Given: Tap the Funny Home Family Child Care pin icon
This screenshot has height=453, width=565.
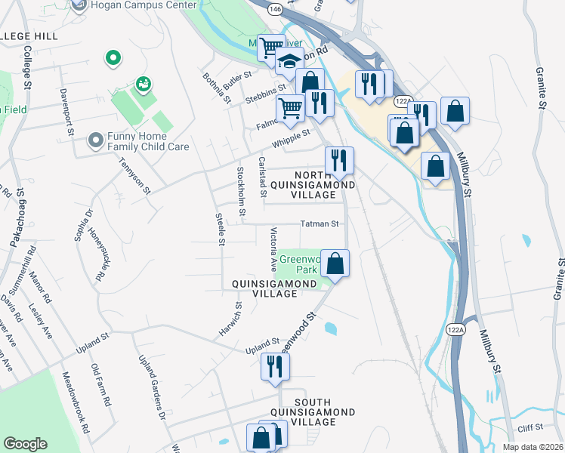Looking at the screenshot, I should click(95, 140).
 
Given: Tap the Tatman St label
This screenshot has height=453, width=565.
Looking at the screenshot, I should click(320, 223).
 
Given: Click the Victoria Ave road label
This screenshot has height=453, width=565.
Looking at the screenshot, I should click(274, 249).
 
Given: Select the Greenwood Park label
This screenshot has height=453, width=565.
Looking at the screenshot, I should click(299, 263).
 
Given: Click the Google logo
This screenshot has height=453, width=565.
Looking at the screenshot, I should click(25, 444).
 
